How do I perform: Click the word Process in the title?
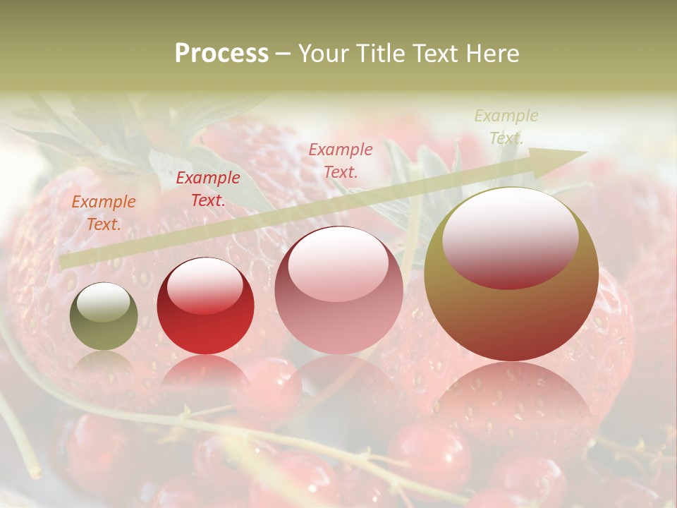[221, 54]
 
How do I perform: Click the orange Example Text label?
[104, 213]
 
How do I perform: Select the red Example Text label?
[208, 189]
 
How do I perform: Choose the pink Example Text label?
[341, 160]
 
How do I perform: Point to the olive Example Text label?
[506, 126]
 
